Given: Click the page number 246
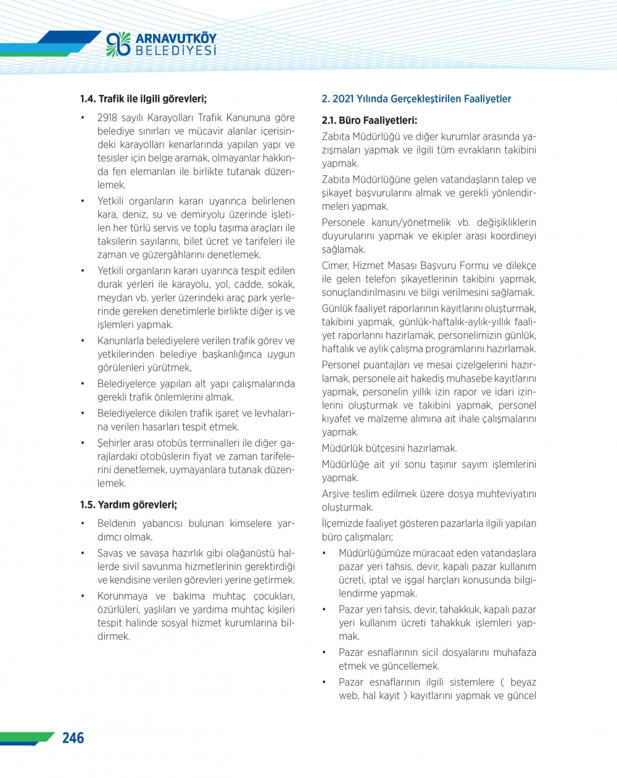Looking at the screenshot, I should (73, 738).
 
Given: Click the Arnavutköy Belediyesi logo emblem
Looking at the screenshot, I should (118, 44).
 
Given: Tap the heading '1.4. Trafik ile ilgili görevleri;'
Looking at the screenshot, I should (143, 99).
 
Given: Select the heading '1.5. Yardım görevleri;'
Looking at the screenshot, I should (128, 505).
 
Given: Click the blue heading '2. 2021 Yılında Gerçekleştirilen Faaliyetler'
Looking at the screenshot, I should (416, 99).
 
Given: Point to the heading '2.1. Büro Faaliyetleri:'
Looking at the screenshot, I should (370, 120).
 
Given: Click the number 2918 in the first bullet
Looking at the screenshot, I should (107, 118).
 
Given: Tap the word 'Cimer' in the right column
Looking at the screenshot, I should (335, 266).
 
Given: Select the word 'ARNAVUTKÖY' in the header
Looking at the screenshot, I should (176, 39).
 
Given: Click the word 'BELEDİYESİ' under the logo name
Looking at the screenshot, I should (176, 51).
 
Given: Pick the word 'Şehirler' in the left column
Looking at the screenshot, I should (115, 443).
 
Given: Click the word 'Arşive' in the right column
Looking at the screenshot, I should (336, 494).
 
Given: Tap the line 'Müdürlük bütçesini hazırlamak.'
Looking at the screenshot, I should (389, 449).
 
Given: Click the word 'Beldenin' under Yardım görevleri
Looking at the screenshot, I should (117, 524).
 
